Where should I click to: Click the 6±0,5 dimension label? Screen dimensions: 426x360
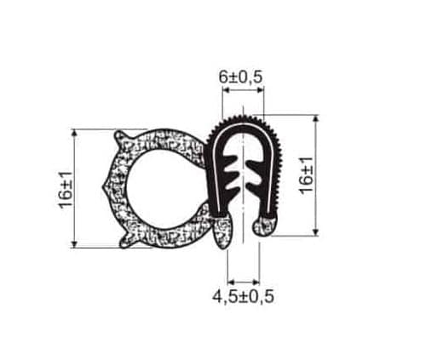tap(240, 77)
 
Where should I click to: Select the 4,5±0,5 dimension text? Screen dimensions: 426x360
tap(244, 297)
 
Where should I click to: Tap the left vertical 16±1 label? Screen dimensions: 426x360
tap(66, 190)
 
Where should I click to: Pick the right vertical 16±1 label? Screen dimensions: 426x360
tap(307, 175)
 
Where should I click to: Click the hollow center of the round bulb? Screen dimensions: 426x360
tap(166, 188)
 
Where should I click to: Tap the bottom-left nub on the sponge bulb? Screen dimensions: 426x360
tap(125, 242)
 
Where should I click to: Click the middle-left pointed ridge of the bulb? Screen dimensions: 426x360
tap(106, 187)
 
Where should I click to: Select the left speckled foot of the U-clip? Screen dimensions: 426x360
tap(223, 231)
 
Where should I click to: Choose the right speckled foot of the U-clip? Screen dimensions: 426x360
tap(264, 226)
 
